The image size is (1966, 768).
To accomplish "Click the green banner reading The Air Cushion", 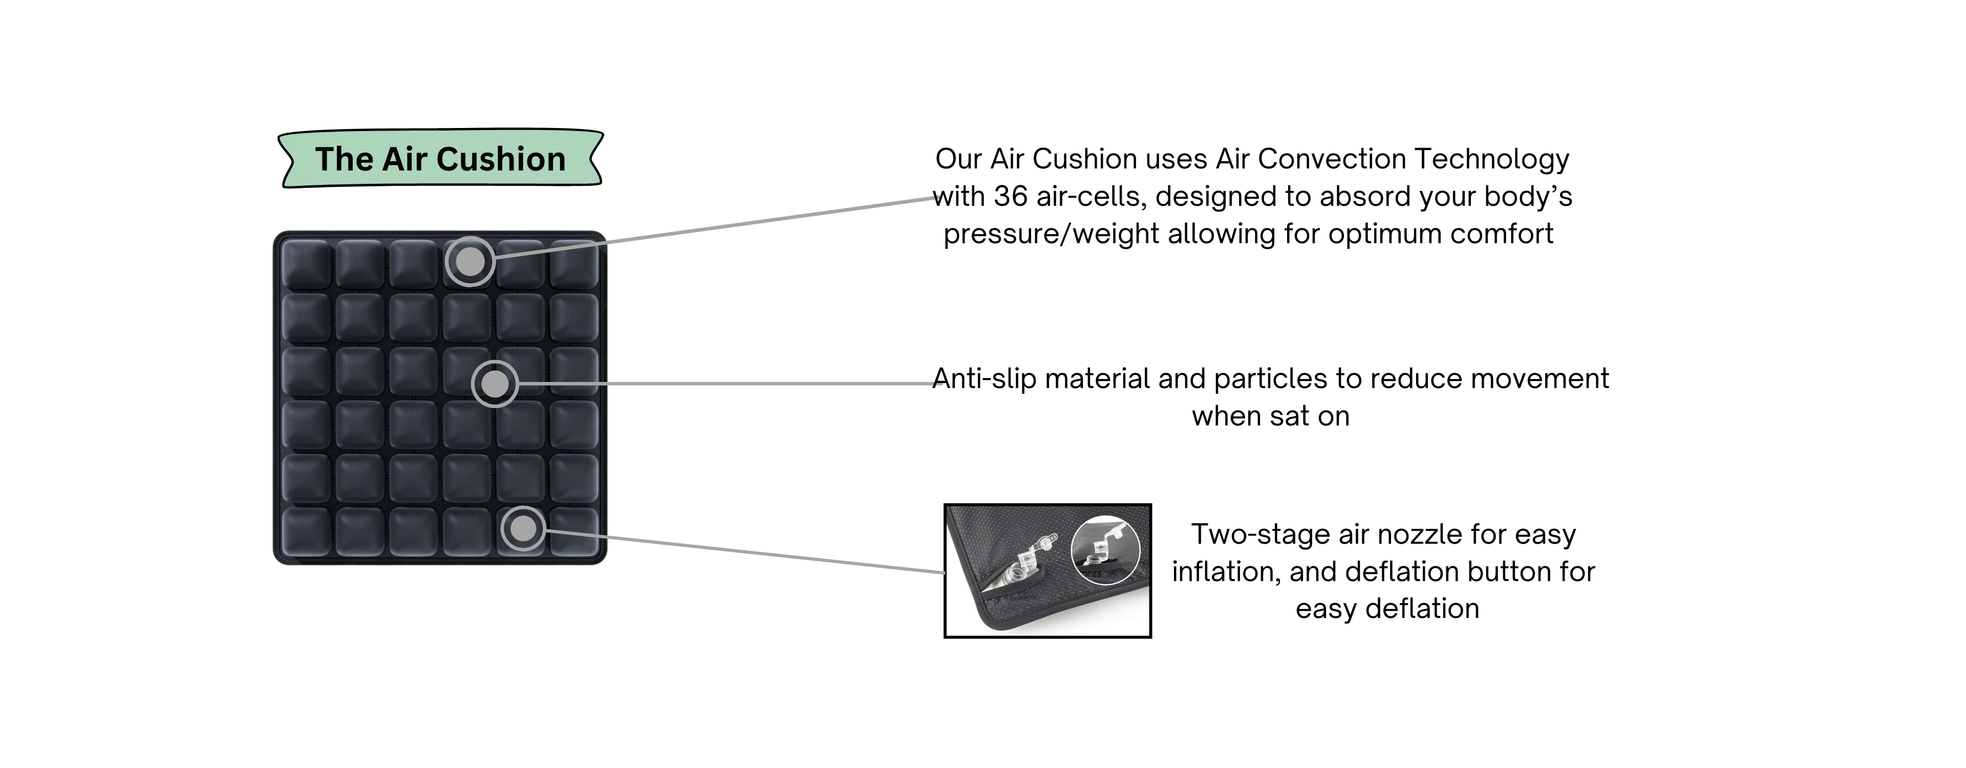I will [x=440, y=159].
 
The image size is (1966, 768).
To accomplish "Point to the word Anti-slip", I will [x=985, y=379].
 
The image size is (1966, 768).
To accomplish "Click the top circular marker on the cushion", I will [x=469, y=262].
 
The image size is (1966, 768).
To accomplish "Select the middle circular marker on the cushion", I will [x=495, y=383].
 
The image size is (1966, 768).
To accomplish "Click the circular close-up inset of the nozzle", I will [x=1105, y=550].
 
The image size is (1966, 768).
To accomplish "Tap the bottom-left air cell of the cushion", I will [x=306, y=532].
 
